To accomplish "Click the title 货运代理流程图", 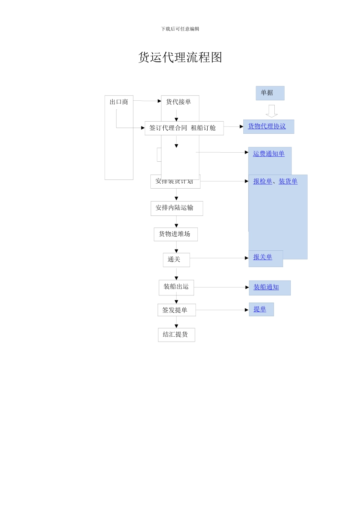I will tap(180, 58).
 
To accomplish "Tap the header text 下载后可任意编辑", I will tap(180, 29).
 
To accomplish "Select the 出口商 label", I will tap(119, 102).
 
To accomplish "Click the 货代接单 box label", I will tap(178, 102).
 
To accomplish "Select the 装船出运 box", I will tap(176, 287).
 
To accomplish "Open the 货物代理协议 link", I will tap(267, 126).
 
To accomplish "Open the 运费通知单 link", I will tap(269, 153).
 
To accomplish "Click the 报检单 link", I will tap(263, 181).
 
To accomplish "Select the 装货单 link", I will tap(288, 181).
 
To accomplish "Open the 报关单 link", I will tap(263, 257).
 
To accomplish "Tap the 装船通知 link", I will tap(266, 287).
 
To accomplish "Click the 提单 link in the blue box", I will tap(260, 309).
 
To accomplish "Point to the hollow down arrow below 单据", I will tap(272, 111).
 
